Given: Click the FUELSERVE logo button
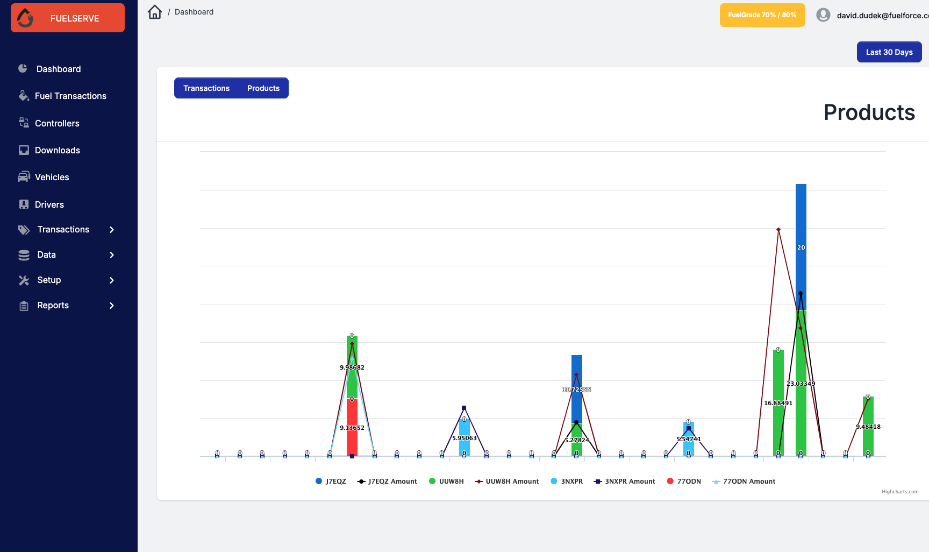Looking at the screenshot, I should click(x=68, y=18).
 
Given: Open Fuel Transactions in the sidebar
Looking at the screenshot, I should click(x=70, y=96).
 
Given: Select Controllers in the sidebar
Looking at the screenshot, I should click(x=57, y=123).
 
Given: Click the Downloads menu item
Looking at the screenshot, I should click(x=57, y=150).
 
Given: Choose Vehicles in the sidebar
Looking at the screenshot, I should click(x=52, y=177).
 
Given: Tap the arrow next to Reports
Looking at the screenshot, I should click(x=112, y=306).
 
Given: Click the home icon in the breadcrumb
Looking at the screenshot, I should click(x=155, y=12).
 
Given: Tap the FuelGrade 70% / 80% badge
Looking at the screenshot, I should click(x=762, y=15).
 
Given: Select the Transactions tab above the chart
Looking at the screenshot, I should click(x=206, y=88).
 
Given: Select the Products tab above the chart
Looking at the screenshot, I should click(x=263, y=88).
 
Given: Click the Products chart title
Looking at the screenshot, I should click(x=869, y=112).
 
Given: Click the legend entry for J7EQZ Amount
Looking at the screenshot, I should click(x=387, y=482).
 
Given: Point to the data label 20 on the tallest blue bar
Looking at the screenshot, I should click(x=801, y=247).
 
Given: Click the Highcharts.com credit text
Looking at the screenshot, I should click(x=900, y=492).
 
